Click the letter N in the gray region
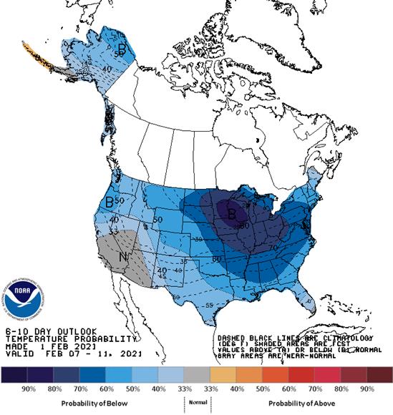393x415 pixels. tap(123, 255)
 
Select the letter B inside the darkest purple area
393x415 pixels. tap(231, 212)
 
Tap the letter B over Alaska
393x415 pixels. tap(122, 49)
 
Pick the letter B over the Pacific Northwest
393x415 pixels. tap(110, 202)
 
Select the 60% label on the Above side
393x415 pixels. tap(290, 389)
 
